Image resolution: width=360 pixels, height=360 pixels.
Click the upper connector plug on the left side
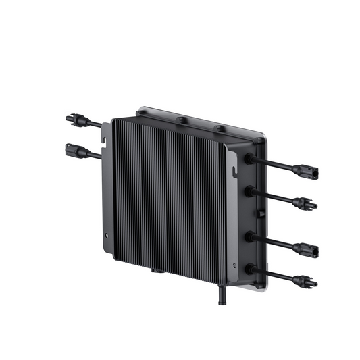[x=72, y=119]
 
